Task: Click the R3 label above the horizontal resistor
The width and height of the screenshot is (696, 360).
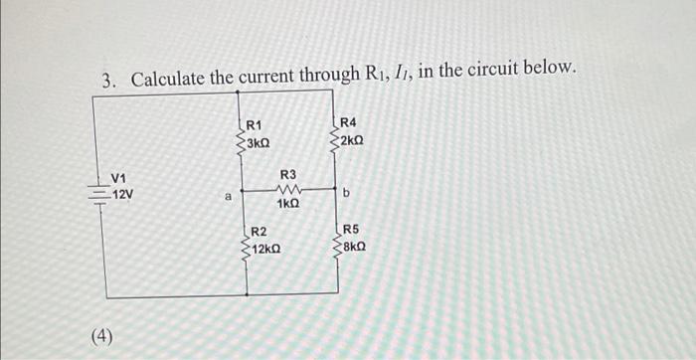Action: pos(288,175)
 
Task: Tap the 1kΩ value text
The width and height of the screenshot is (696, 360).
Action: pos(288,203)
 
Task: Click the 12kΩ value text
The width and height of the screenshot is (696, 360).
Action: pos(264,248)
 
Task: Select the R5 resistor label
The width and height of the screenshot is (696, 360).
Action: pos(352,229)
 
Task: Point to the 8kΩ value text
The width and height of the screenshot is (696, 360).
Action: pos(356,244)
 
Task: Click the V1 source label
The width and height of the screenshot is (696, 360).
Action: pos(120,179)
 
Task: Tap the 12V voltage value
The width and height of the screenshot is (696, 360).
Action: pos(122,193)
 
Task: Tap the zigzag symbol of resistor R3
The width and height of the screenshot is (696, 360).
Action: pos(288,190)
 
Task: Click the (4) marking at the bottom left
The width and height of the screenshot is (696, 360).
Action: pos(102,335)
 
